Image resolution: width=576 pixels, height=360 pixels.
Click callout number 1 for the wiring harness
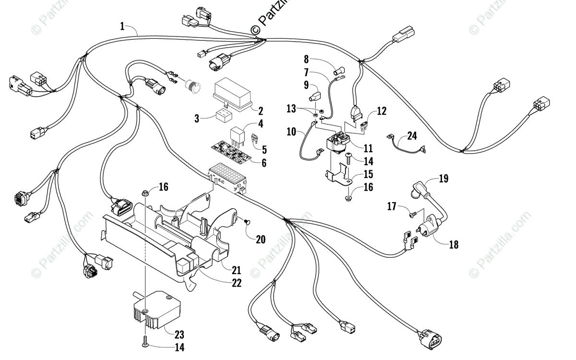[122, 26]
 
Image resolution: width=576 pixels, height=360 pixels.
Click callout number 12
[382, 111]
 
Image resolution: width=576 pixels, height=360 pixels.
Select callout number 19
[444, 179]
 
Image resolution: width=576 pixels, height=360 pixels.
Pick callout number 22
[236, 283]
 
